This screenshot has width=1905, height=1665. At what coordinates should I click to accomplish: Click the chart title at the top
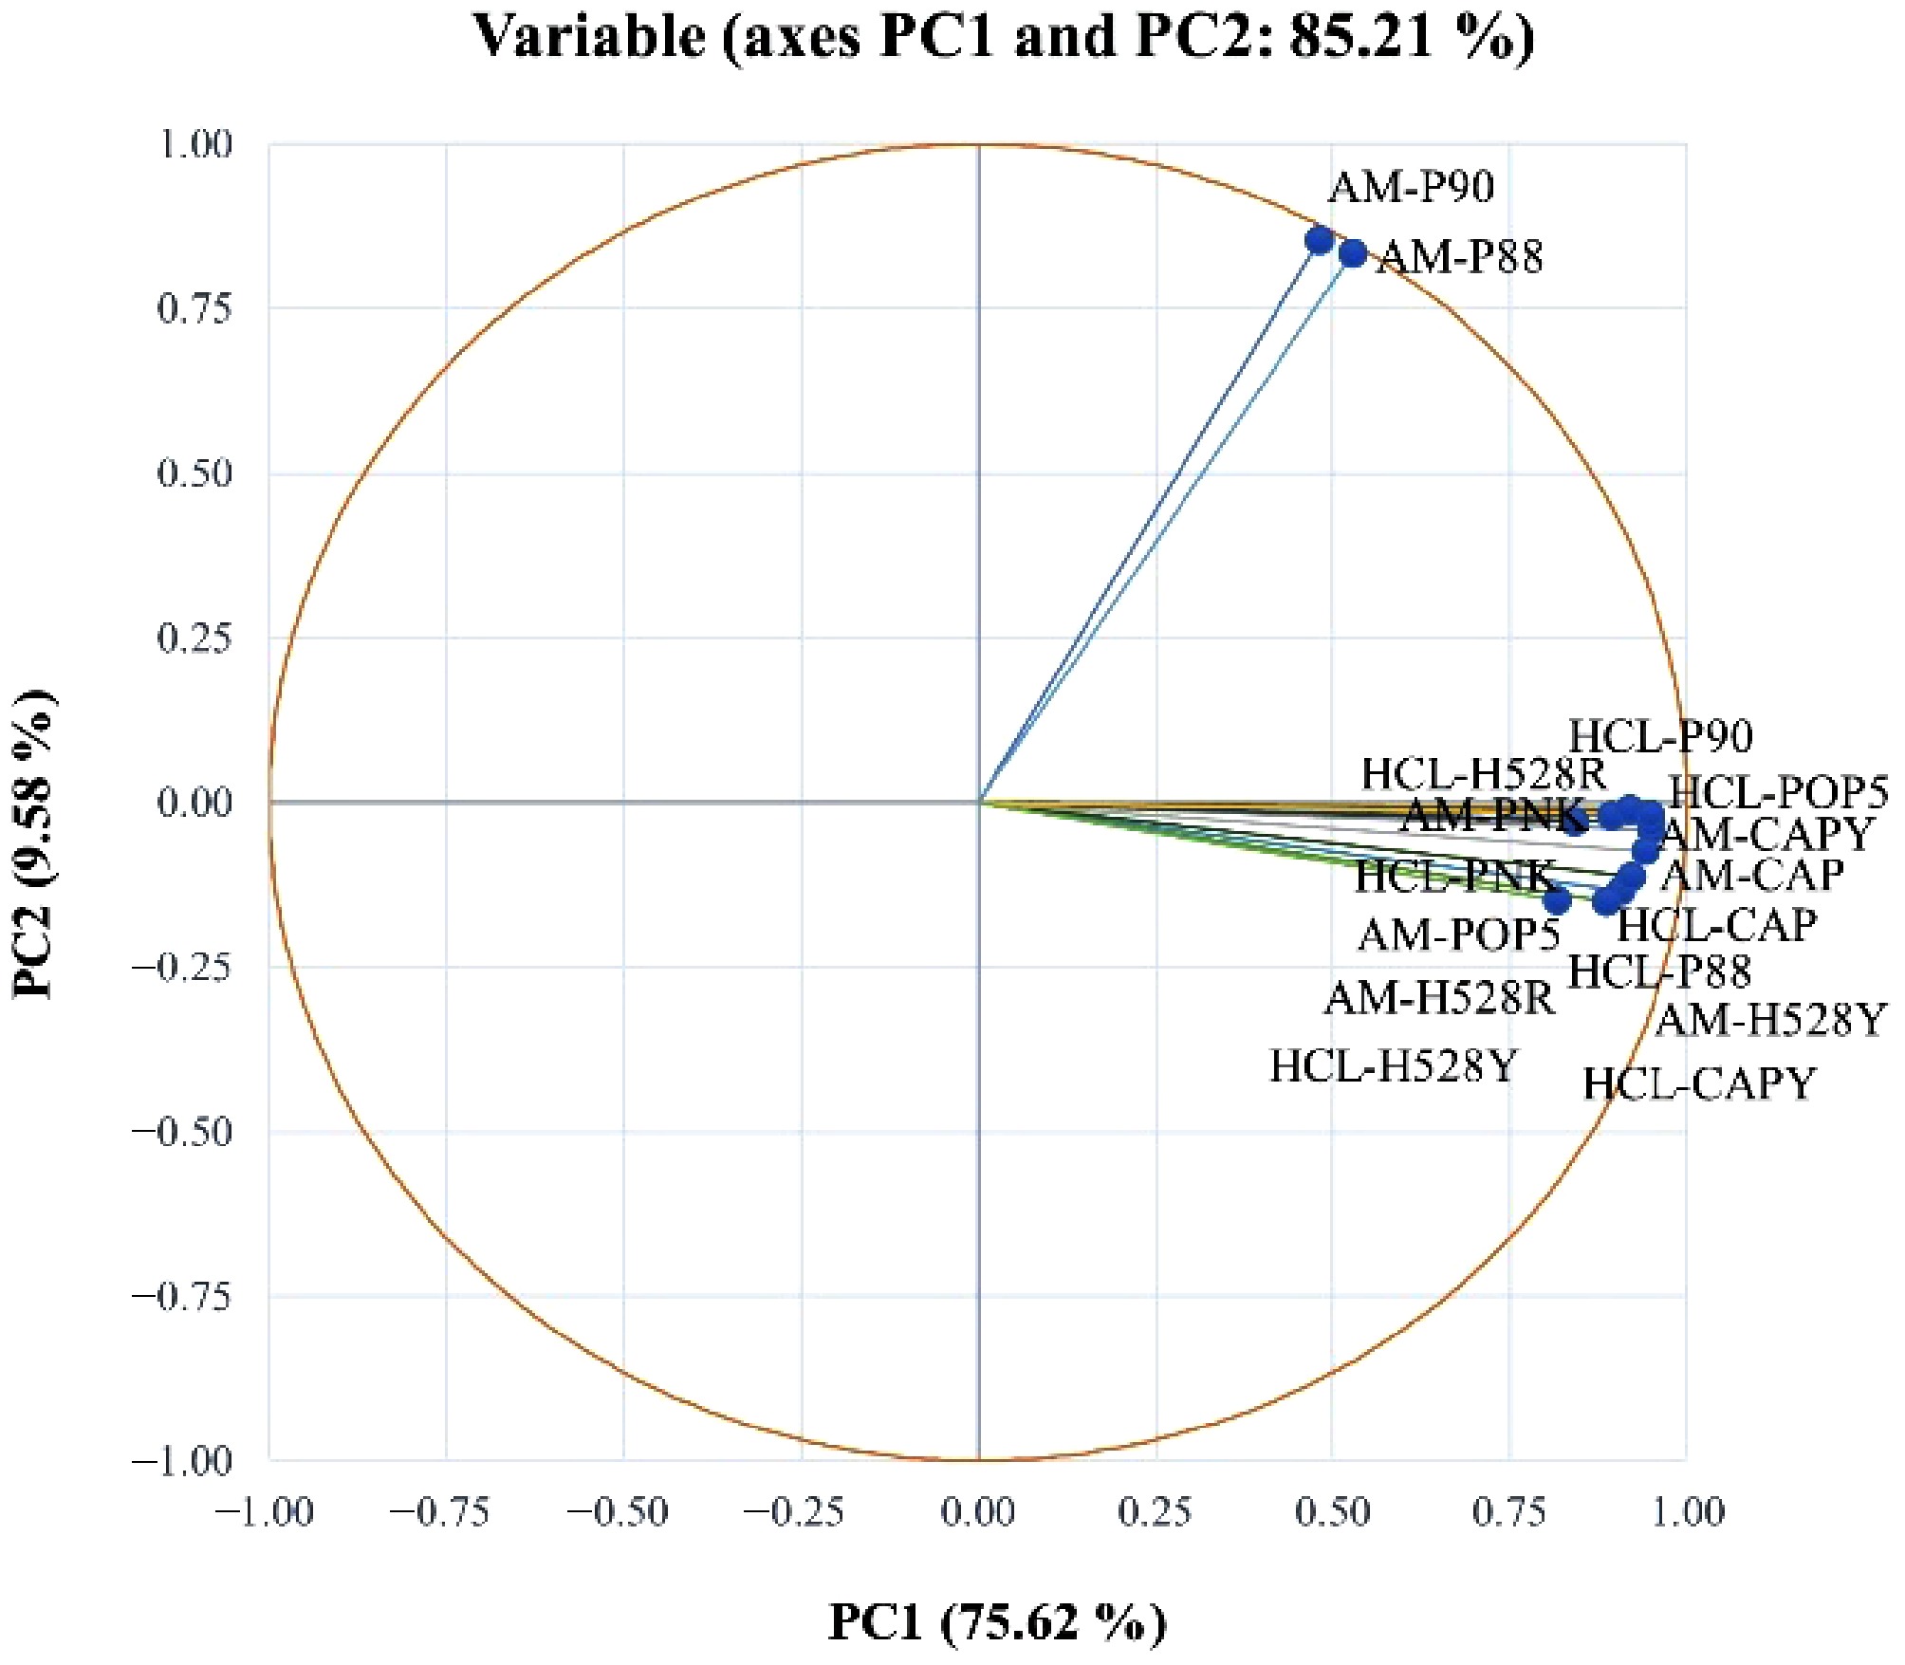click(1003, 38)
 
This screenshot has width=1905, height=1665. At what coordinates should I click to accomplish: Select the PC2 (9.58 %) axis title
click(36, 844)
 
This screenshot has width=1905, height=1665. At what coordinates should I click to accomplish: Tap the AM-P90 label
click(1411, 187)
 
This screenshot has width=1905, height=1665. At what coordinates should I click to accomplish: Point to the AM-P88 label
click(1461, 257)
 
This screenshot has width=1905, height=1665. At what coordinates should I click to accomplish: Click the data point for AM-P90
click(1319, 240)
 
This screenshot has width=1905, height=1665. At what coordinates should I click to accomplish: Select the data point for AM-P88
click(1353, 253)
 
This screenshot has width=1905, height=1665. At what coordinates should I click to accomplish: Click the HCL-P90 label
click(1660, 736)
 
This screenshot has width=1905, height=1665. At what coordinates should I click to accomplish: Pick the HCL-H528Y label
click(1394, 1067)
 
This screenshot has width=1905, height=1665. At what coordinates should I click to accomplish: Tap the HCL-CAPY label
click(1698, 1083)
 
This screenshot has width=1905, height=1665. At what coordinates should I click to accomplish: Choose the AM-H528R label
click(1440, 998)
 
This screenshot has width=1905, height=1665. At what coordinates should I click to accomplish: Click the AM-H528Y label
click(1769, 1021)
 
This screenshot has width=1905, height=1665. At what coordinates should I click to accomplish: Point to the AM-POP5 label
click(1459, 935)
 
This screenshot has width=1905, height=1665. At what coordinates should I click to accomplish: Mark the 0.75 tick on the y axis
click(194, 308)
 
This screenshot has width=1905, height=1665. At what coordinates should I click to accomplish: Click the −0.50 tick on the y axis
click(182, 1132)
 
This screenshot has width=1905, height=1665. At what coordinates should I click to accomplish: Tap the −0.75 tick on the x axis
click(440, 1512)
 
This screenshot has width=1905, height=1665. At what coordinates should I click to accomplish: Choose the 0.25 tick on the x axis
click(1156, 1512)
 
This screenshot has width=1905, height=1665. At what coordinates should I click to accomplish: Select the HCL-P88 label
click(1659, 971)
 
